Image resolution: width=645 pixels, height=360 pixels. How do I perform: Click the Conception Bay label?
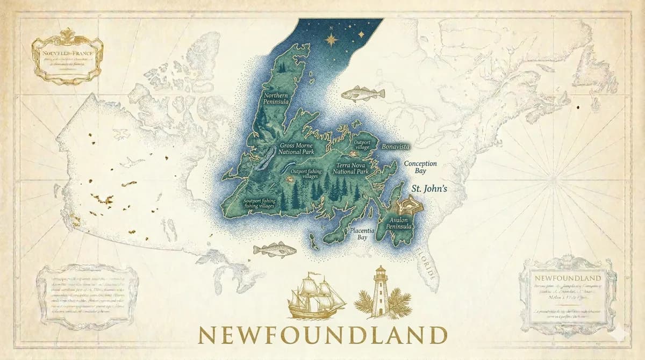point(420,167)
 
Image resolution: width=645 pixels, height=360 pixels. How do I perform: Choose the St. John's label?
point(429,189)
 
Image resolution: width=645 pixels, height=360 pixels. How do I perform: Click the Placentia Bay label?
point(362,233)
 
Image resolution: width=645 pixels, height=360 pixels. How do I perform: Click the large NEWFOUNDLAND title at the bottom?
point(322,334)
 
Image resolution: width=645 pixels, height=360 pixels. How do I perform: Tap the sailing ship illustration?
point(316,295)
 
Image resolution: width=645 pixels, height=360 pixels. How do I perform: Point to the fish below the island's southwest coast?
point(275,250)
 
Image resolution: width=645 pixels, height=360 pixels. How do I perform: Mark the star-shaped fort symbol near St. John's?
point(411,205)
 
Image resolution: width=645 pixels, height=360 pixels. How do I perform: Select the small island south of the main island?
point(314,244)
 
